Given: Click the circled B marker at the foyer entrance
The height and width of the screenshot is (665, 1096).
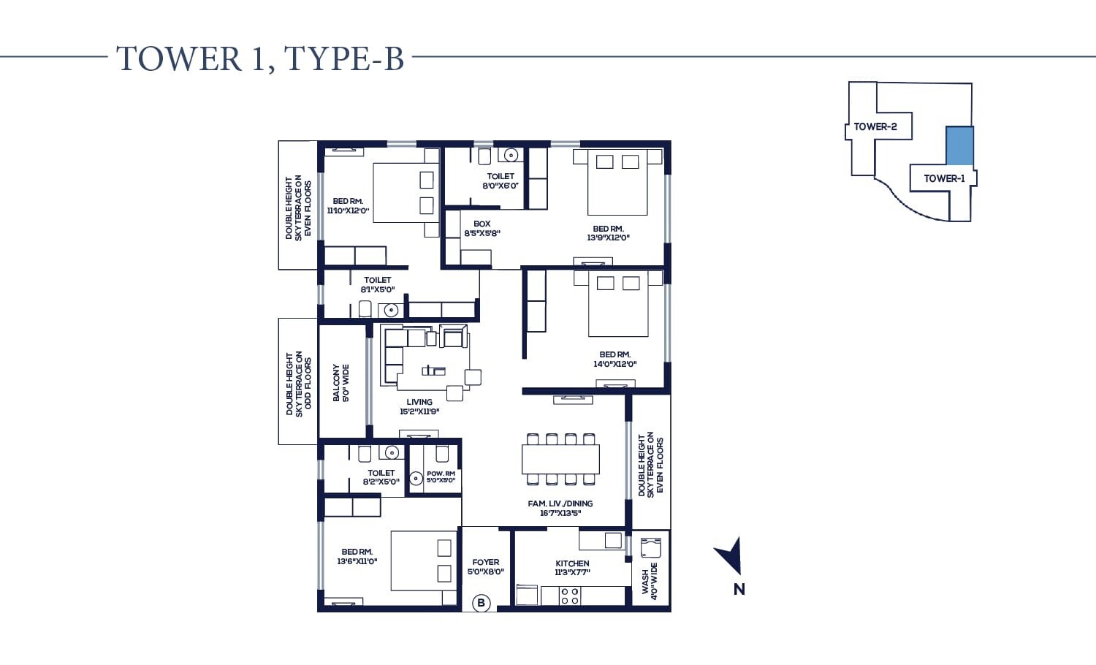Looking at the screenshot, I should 481,603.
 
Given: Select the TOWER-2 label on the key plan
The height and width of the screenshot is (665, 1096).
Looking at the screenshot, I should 875,126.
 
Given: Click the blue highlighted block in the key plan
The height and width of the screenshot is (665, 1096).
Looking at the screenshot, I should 959,145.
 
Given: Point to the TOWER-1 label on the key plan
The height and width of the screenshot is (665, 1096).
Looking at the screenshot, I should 943,178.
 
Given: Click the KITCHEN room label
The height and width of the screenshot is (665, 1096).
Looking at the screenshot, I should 572,568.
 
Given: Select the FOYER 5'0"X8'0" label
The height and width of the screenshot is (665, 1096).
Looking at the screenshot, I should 485,567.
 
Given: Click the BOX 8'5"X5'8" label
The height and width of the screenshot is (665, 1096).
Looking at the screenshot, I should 482,229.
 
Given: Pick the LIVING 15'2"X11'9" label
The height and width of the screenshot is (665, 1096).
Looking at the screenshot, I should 419,406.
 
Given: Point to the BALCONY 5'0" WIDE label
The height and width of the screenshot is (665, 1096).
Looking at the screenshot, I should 340,382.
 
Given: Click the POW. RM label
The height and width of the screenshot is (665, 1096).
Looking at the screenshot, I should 441,476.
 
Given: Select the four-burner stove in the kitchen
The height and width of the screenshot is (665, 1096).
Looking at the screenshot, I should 570,596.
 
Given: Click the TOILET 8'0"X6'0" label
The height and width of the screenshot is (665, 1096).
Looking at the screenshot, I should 501,180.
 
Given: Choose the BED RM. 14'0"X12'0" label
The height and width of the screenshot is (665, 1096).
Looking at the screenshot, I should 614,359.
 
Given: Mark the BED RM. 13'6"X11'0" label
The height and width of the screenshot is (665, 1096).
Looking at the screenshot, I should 357,557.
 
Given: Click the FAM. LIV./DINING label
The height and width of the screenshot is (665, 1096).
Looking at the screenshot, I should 560,508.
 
